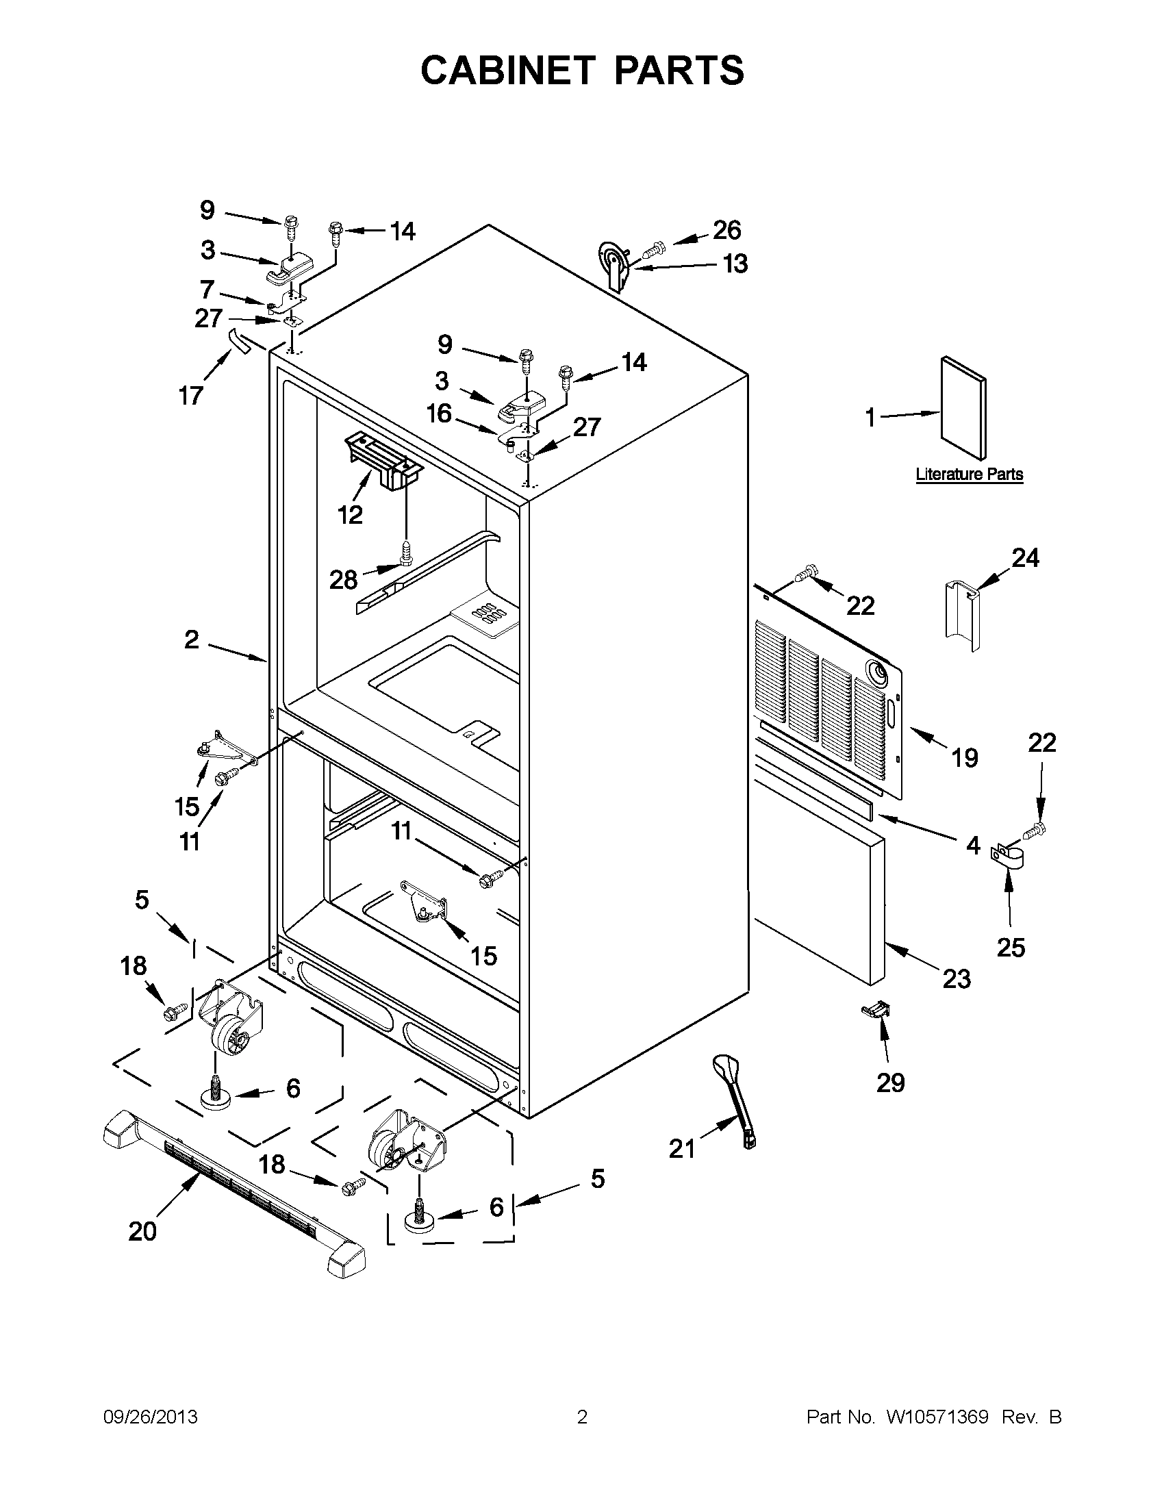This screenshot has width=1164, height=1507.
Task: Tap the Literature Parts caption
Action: point(969,474)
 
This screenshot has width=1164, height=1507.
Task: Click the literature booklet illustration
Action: point(963,407)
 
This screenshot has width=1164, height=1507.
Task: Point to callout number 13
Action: point(735,264)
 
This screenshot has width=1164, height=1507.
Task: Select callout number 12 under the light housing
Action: point(351,514)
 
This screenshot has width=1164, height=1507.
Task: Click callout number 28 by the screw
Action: point(343,580)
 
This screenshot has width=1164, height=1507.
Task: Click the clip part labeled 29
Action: point(876,1011)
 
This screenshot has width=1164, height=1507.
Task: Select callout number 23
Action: point(957,978)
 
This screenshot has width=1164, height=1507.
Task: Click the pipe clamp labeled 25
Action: point(1008,858)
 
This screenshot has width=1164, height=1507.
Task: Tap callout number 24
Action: point(1025,557)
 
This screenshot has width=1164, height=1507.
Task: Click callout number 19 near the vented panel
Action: point(965,759)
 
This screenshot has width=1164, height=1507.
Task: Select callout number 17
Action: point(191,395)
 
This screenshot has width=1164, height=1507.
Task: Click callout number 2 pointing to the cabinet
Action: point(191,639)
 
